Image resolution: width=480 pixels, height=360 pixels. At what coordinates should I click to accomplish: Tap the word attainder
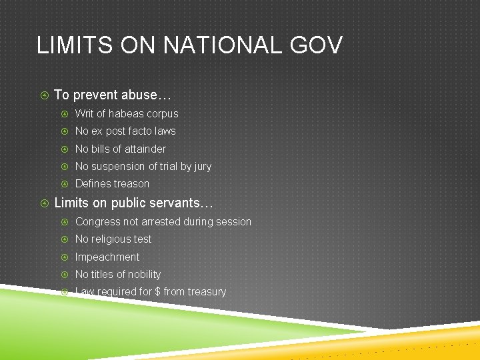143,149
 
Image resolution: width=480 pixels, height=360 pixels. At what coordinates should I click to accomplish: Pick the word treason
131,184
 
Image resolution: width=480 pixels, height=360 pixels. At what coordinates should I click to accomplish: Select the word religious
113,239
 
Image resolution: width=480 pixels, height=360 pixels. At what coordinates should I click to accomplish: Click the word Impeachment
107,257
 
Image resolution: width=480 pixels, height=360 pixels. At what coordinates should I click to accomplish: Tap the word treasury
207,292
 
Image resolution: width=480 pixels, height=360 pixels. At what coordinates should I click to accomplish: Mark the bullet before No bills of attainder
65,149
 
